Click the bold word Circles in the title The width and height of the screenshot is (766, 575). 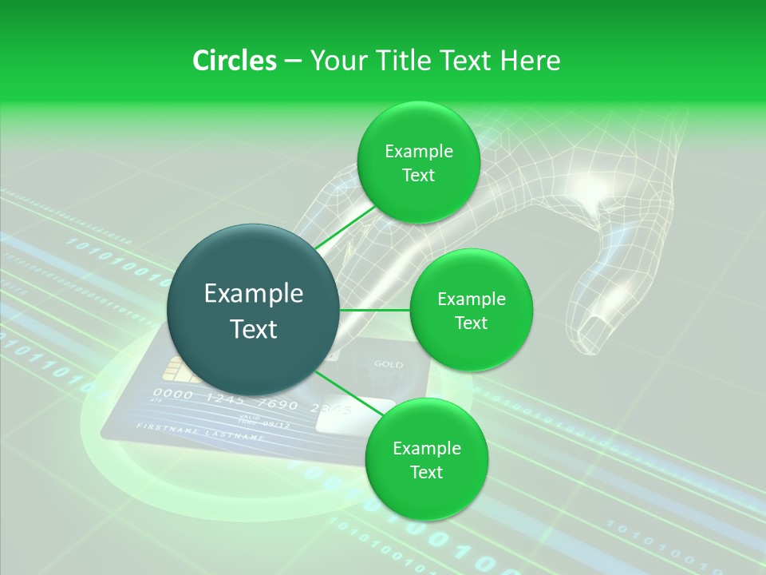[234, 61]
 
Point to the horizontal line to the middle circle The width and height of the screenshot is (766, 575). [375, 310]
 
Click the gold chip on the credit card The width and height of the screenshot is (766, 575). [173, 368]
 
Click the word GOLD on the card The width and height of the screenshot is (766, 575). [389, 365]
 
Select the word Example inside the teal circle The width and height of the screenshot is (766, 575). [254, 294]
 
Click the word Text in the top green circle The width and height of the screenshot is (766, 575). [418, 176]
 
